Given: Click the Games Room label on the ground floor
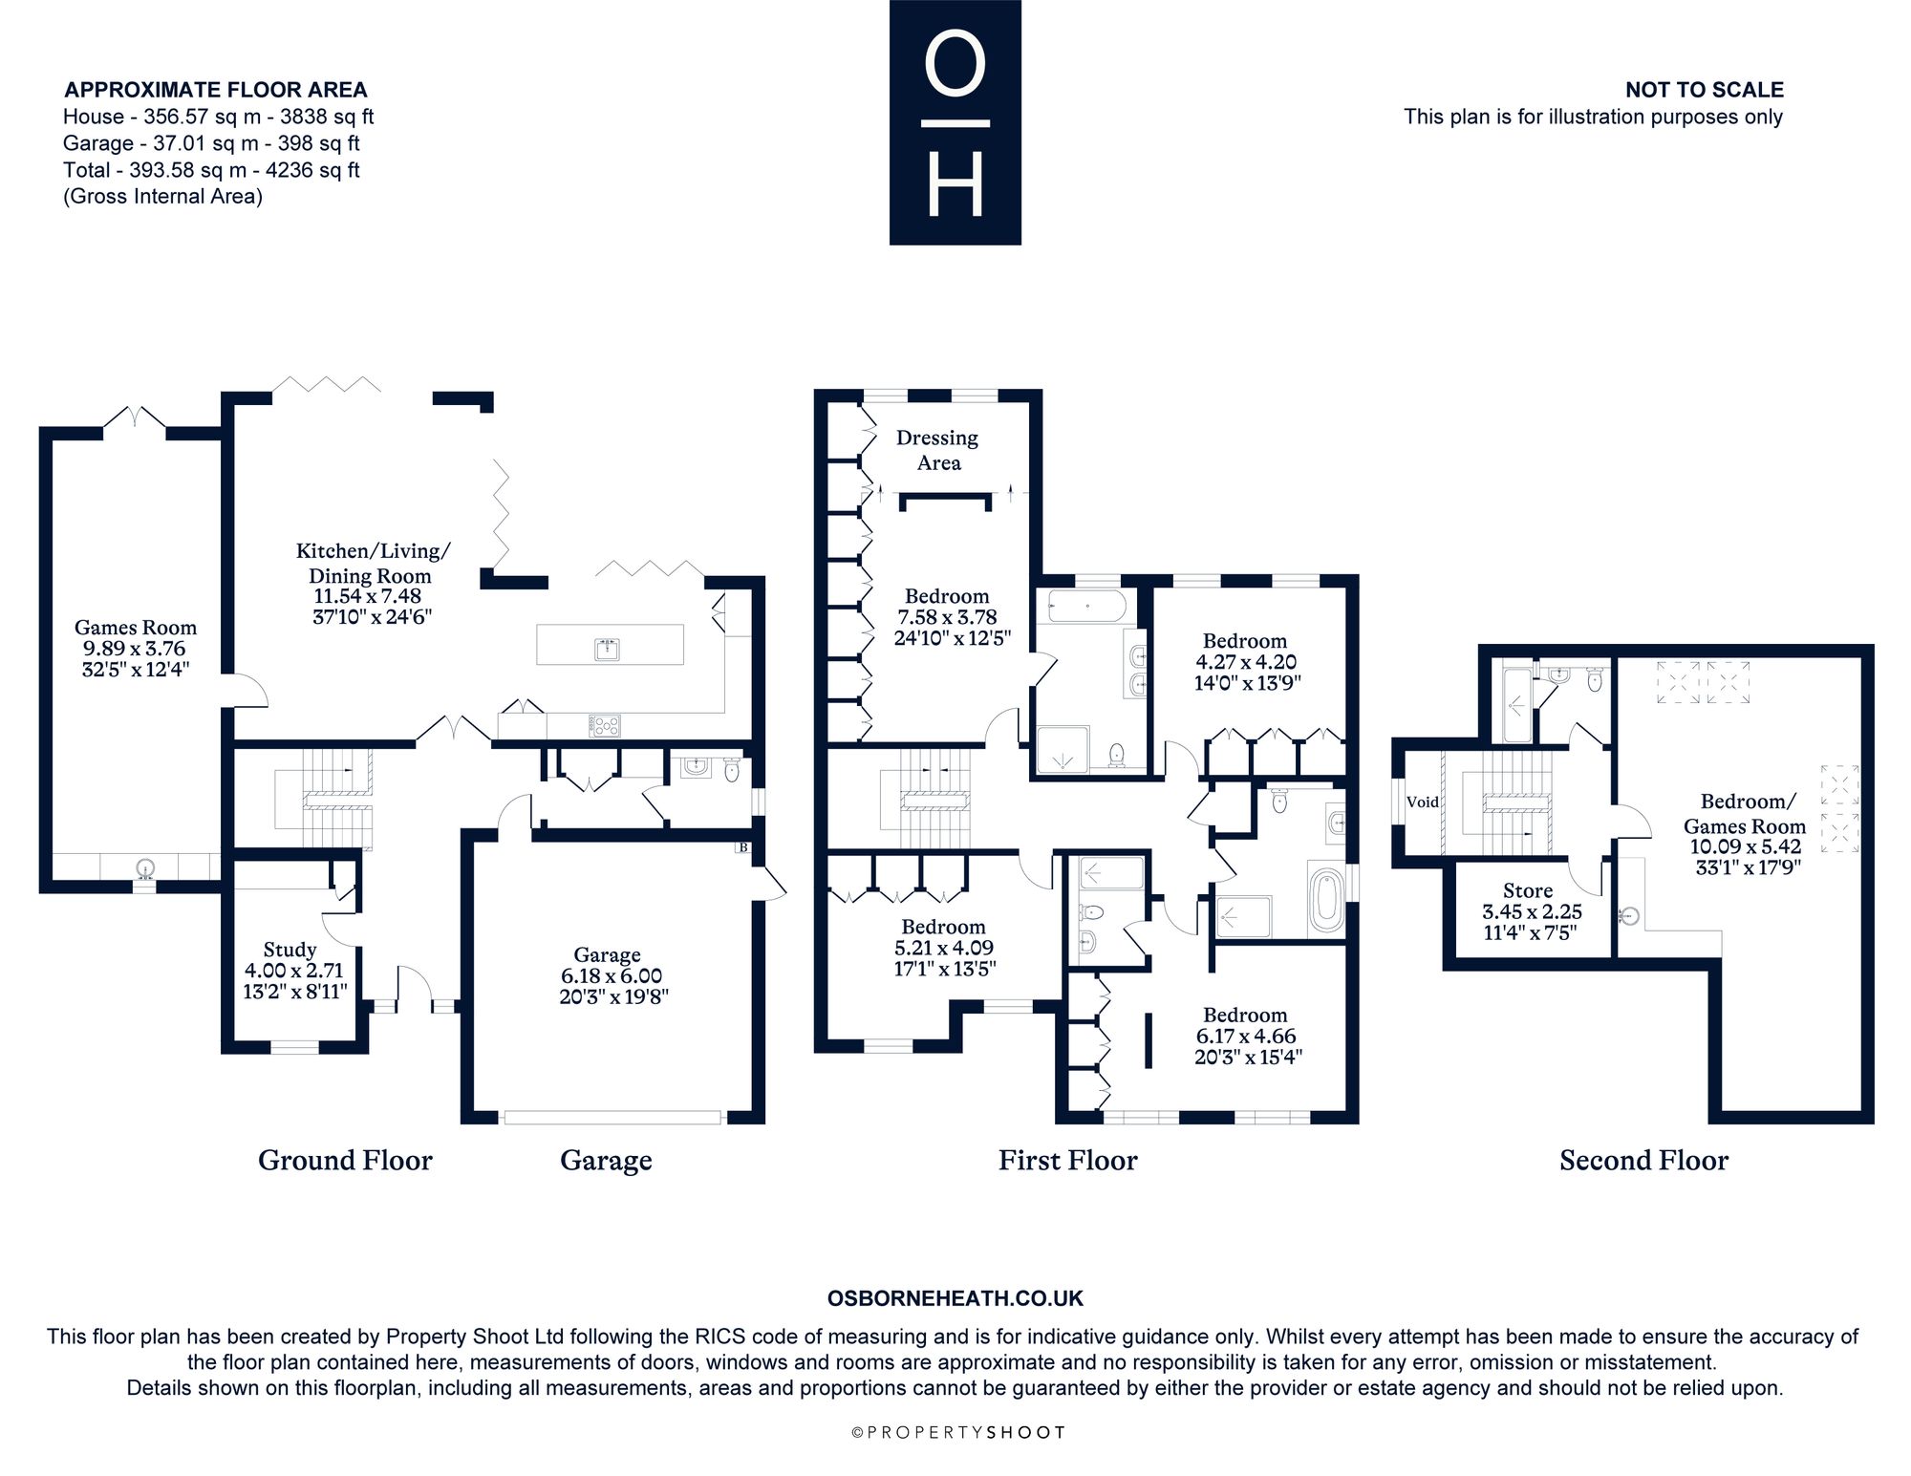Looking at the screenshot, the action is [136, 628].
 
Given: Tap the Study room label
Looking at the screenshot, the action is [290, 950].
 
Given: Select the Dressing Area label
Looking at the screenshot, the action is [937, 450].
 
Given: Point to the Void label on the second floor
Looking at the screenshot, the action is [1423, 802].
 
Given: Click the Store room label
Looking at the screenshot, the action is [1528, 890].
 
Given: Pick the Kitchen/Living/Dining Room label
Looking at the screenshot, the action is [373, 563].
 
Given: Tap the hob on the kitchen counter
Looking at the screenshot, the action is [606, 726].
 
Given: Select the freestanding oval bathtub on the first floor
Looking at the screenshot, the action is [1326, 899].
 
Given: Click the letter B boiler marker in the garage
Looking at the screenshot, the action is [743, 847].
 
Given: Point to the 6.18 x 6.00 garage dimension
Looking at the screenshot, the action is [612, 975].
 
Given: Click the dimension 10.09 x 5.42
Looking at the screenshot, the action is [1746, 846].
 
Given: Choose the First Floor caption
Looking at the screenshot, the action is [1068, 1160].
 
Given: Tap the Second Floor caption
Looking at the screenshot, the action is [1644, 1160].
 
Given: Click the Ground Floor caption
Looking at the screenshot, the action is [345, 1160].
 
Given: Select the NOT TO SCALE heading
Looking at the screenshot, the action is [1705, 90].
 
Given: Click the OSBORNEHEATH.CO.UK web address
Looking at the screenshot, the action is [955, 1298].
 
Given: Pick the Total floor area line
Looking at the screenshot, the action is [211, 170].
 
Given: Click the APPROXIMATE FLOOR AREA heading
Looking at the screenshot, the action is [216, 90].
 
